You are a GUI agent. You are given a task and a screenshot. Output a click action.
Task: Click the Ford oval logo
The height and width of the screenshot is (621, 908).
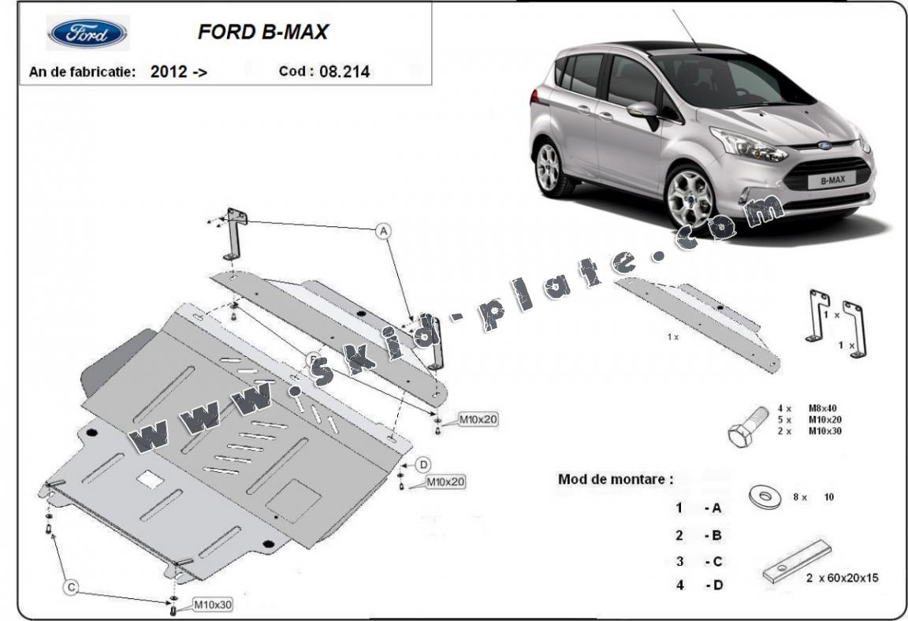pyautogui.click(x=87, y=33)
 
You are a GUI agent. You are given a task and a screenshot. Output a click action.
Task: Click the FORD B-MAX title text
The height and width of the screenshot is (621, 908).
pyautogui.click(x=262, y=32)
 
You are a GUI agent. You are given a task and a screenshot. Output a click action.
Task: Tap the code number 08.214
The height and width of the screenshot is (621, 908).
pyautogui.click(x=344, y=72)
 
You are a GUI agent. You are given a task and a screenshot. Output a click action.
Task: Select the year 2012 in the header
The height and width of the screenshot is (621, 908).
pyautogui.click(x=169, y=72)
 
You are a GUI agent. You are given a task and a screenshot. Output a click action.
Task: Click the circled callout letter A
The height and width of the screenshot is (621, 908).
pyautogui.click(x=383, y=231)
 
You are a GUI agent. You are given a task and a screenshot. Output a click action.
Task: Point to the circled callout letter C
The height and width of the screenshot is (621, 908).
pyautogui.click(x=71, y=587)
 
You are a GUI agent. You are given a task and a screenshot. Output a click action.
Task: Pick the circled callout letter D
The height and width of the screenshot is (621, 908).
pyautogui.click(x=422, y=463)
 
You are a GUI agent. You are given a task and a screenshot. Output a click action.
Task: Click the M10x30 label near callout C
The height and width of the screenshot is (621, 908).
pyautogui.click(x=212, y=604)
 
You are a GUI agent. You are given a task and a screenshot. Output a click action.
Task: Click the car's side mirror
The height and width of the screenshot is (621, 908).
pyautogui.click(x=644, y=110)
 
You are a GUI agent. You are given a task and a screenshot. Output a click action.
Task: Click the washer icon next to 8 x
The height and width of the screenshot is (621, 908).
pyautogui.click(x=764, y=498)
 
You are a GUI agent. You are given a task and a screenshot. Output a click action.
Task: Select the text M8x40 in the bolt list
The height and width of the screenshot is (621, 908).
pyautogui.click(x=824, y=408)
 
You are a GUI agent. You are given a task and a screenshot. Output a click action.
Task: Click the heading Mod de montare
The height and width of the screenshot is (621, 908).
pyautogui.click(x=616, y=478)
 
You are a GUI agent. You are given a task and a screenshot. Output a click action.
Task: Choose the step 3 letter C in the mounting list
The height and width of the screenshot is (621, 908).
pyautogui.click(x=716, y=561)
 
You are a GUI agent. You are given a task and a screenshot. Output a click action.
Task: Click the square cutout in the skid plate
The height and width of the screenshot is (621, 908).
pyautogui.click(x=150, y=478)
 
